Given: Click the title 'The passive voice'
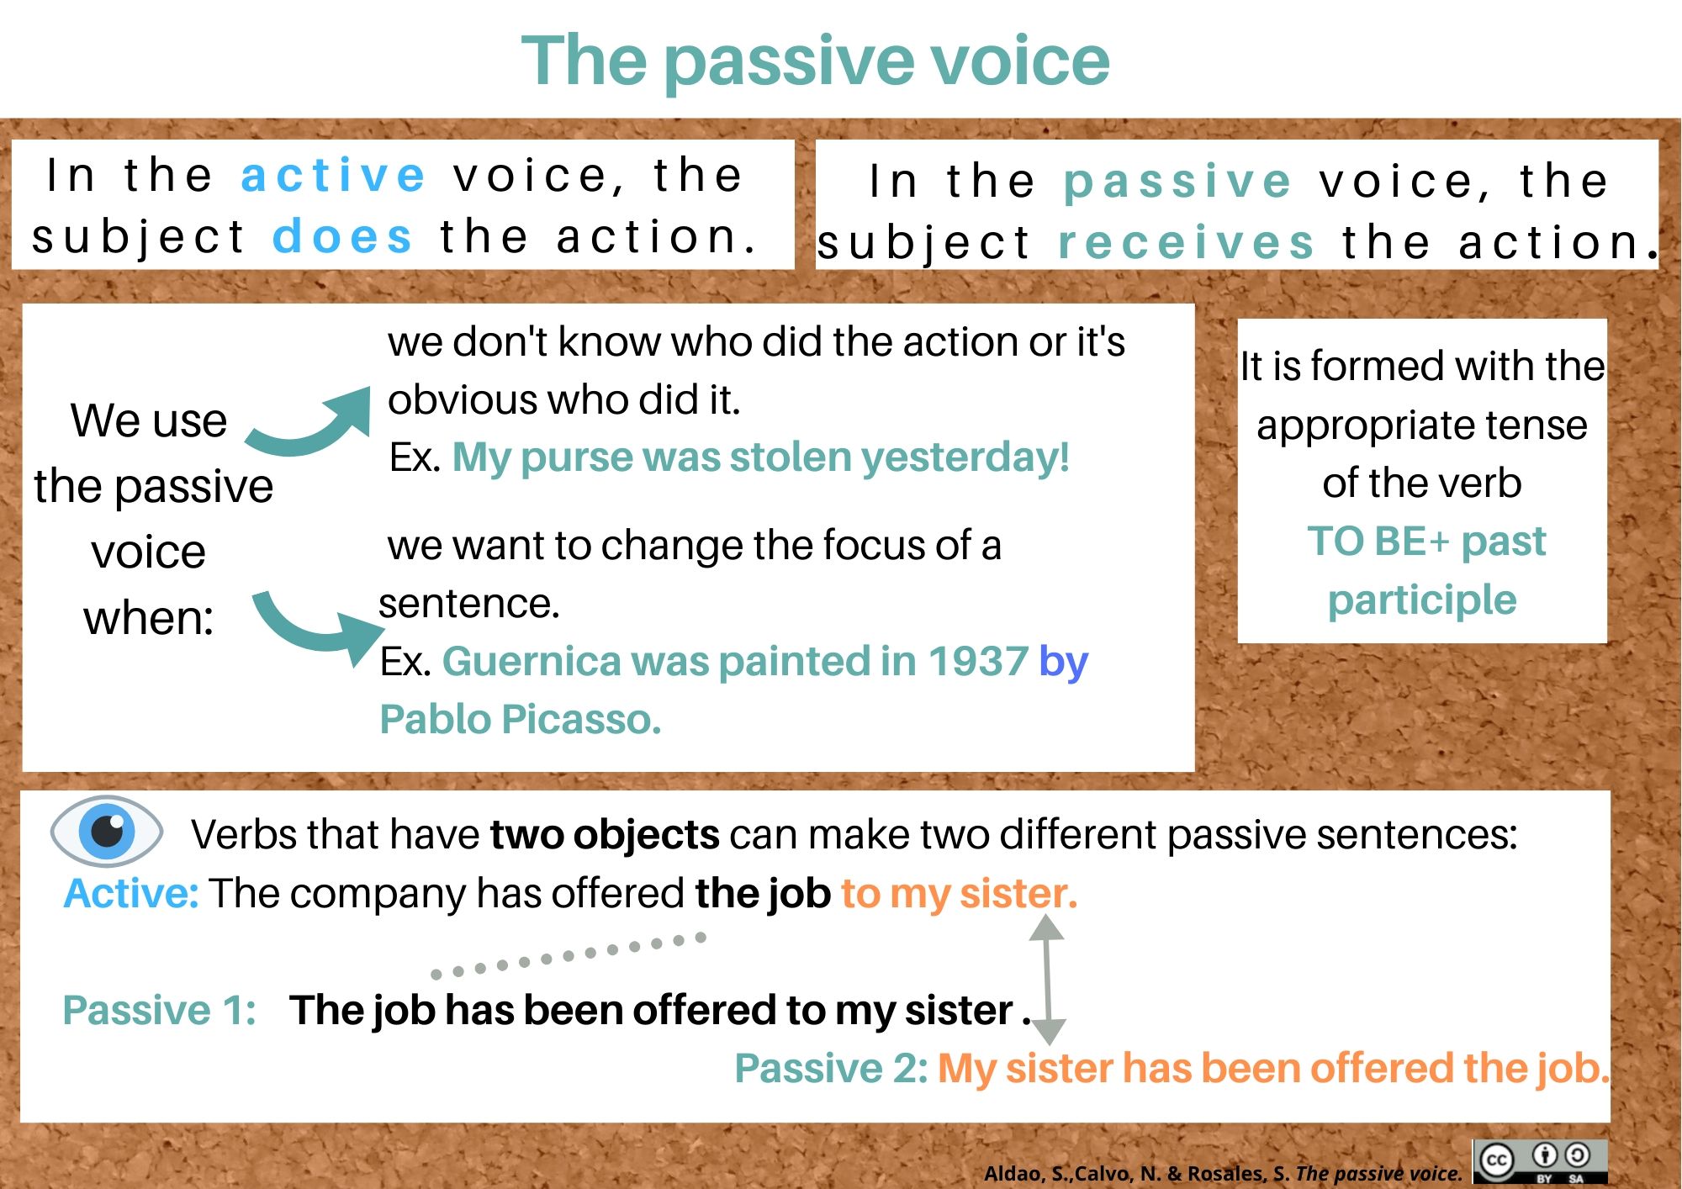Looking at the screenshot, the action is pyautogui.click(x=816, y=61).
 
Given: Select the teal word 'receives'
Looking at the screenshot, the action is pyautogui.click(x=1186, y=242).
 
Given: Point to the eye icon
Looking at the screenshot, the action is pyautogui.click(x=106, y=831).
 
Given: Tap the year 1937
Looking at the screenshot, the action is pyautogui.click(x=977, y=661).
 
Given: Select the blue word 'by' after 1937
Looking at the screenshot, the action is pyautogui.click(x=1064, y=663).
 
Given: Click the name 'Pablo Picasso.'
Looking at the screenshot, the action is pyautogui.click(x=521, y=720).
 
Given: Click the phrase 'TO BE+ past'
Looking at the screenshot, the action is pyautogui.click(x=1426, y=542).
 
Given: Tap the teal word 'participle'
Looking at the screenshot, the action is pyautogui.click(x=1422, y=600).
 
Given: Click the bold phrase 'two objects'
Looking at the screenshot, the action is pyautogui.click(x=605, y=835).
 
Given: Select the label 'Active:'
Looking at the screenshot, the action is pyautogui.click(x=131, y=893).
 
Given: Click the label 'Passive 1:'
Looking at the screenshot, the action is pyautogui.click(x=160, y=1010).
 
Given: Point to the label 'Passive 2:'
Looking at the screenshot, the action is pyautogui.click(x=831, y=1068).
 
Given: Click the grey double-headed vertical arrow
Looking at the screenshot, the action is pyautogui.click(x=1048, y=979).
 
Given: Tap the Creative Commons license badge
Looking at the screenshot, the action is pyautogui.click(x=1540, y=1161).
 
